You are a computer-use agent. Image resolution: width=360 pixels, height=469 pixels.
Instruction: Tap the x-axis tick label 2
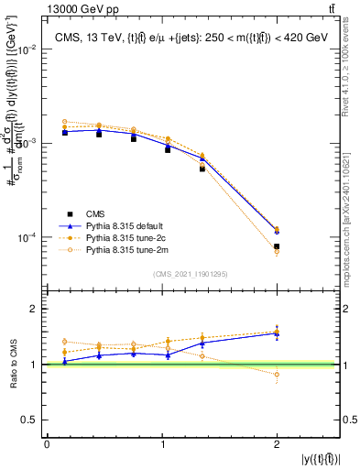pos(277,444)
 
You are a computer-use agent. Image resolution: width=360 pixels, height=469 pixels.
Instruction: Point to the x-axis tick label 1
pos(161,444)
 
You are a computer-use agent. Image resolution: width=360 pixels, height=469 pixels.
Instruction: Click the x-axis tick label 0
pos(47,444)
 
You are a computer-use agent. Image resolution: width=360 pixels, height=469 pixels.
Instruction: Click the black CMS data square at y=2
pos(277,246)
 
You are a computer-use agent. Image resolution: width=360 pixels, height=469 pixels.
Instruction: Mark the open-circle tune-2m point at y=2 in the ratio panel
pos(277,374)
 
